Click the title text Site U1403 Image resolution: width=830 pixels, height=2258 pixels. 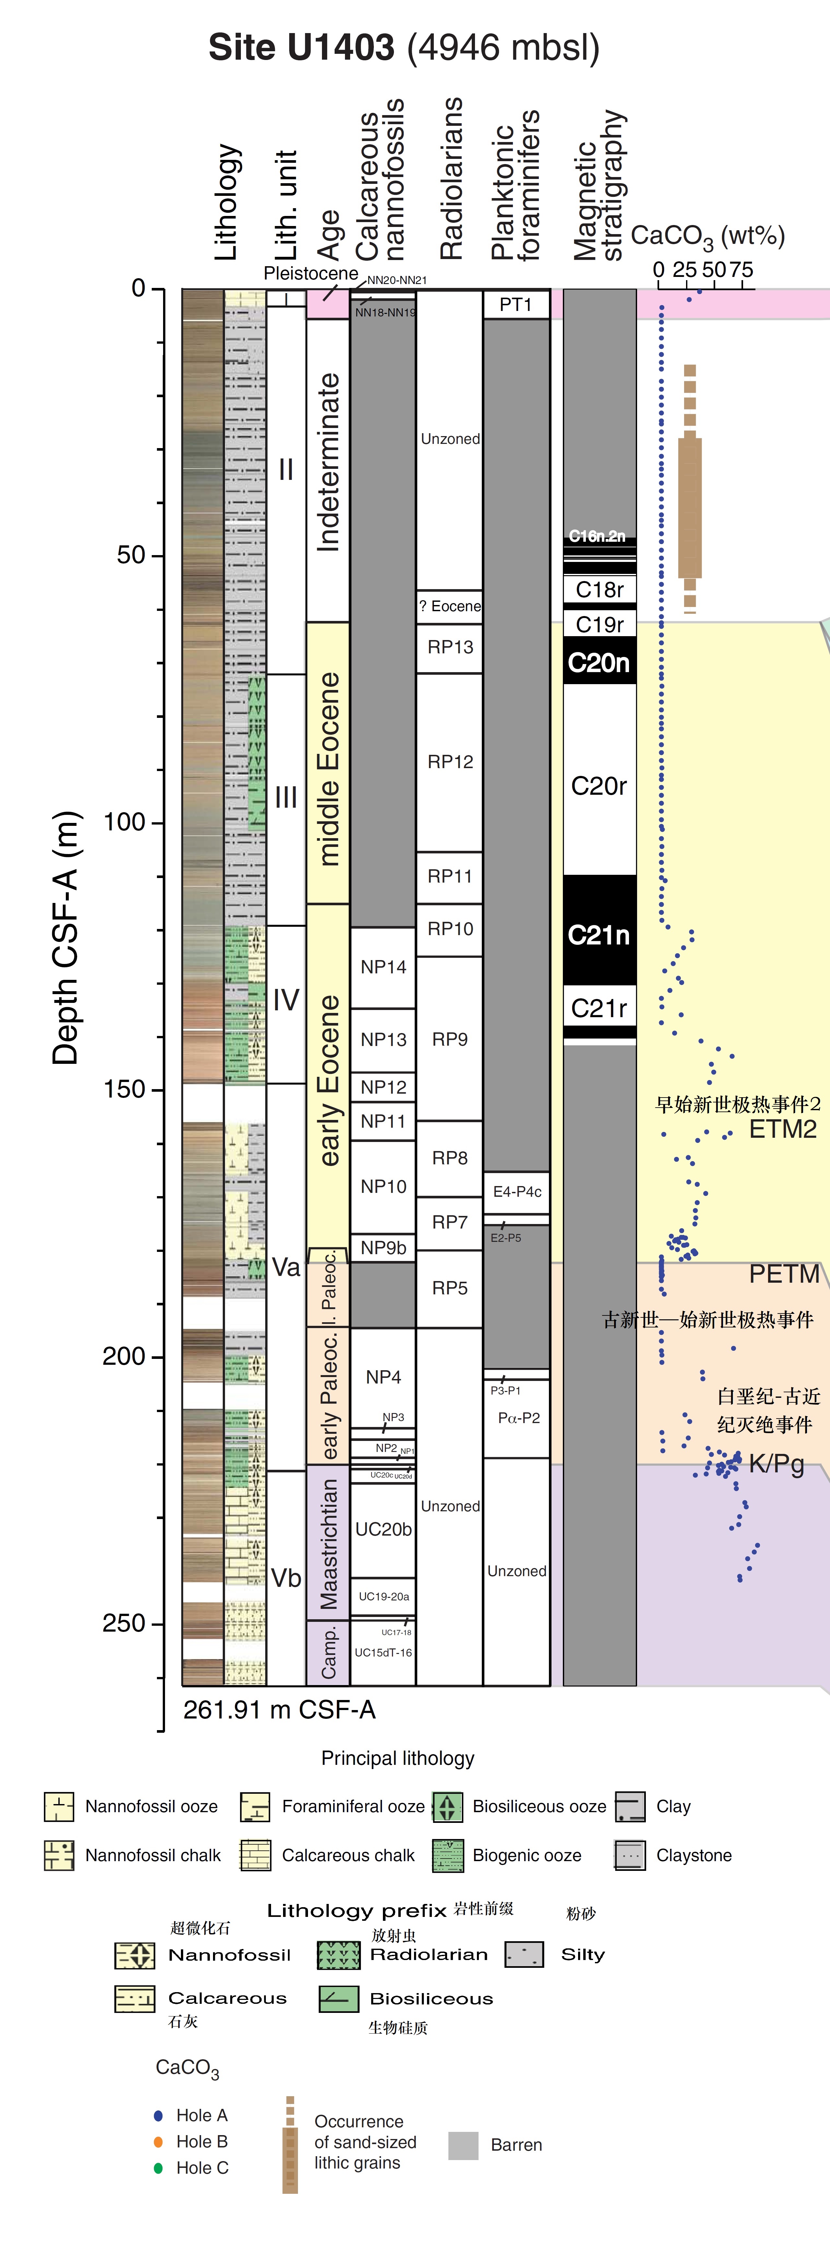[x=302, y=47]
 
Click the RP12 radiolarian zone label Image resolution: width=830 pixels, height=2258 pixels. [x=450, y=762]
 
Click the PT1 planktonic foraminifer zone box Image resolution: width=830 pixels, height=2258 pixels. [x=516, y=304]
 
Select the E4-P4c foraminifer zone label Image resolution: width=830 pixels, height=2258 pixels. [x=517, y=1191]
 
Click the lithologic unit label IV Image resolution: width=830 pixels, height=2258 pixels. [x=286, y=999]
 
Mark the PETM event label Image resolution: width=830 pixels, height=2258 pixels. [x=784, y=1274]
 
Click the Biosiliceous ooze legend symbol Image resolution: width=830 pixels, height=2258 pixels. [x=447, y=1807]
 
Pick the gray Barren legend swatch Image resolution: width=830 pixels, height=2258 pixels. [x=463, y=2145]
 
